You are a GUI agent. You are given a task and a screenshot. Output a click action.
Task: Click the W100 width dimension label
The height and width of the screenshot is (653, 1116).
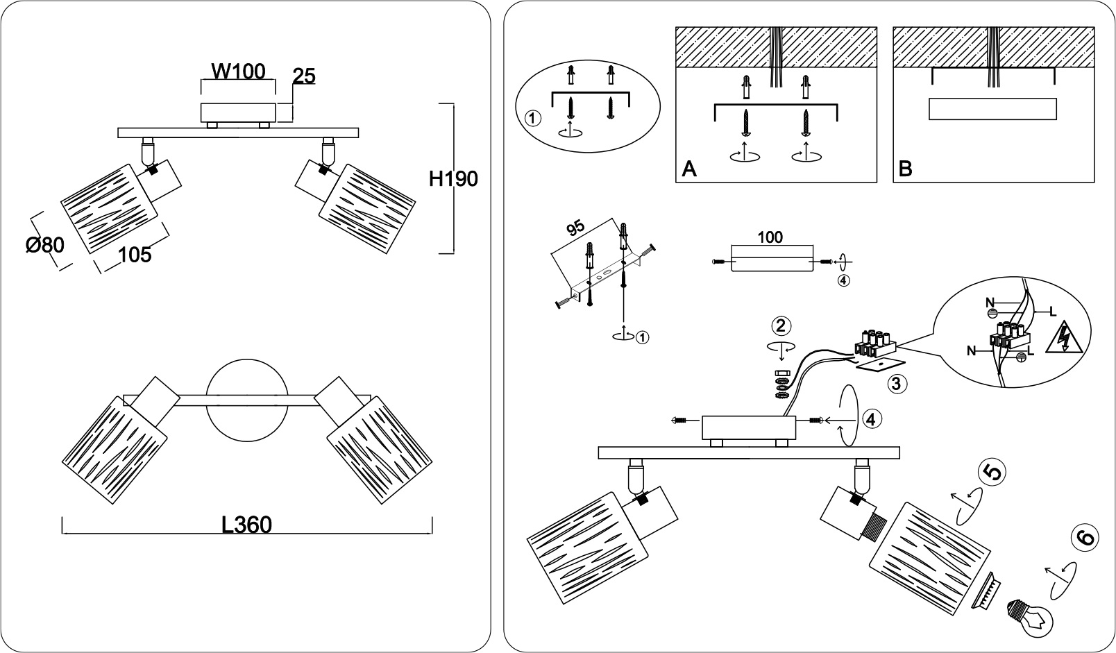[239, 71]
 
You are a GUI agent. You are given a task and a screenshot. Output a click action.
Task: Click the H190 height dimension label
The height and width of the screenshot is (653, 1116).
[453, 179]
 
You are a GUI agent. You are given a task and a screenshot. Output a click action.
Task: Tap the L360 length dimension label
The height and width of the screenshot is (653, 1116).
[246, 525]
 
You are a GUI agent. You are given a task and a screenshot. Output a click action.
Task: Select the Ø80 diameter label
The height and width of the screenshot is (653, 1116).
[45, 244]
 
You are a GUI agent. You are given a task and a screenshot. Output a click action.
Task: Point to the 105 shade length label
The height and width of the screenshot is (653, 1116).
[135, 255]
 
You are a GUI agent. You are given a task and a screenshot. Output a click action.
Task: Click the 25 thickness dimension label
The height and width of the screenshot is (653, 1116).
[304, 76]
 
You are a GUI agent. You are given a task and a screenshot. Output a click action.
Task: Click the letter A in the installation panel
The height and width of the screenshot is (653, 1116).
[689, 169]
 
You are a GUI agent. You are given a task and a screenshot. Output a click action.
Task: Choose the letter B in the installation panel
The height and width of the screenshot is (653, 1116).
[905, 169]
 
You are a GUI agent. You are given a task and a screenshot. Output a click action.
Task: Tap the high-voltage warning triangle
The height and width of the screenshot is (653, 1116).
[1064, 339]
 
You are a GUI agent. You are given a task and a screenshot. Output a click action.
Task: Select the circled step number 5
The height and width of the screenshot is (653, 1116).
[992, 473]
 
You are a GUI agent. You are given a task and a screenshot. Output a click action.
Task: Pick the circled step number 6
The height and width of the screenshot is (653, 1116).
[1085, 538]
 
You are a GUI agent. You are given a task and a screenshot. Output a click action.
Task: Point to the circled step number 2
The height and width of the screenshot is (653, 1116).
[781, 326]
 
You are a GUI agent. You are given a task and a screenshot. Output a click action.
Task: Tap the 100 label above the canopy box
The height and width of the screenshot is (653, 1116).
[770, 237]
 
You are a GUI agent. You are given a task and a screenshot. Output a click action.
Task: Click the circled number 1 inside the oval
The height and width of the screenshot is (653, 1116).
[532, 119]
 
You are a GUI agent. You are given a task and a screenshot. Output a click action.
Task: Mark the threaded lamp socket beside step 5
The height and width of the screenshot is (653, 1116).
[875, 528]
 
